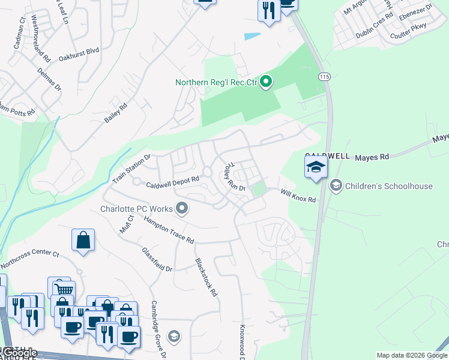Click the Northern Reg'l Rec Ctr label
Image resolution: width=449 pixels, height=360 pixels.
(x=216, y=83)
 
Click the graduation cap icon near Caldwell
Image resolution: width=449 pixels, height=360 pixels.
(x=316, y=167)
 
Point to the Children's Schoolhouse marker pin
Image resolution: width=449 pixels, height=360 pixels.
(x=336, y=186)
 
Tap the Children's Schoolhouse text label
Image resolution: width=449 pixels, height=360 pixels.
(x=388, y=186)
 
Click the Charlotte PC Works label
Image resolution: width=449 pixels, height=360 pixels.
(x=136, y=209)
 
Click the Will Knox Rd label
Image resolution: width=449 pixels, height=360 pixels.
(x=298, y=196)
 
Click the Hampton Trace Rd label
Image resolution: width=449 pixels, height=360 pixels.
(x=169, y=230)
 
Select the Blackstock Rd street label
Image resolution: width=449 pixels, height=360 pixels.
(x=205, y=278)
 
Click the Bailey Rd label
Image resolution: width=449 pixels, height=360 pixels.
(x=116, y=113)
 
